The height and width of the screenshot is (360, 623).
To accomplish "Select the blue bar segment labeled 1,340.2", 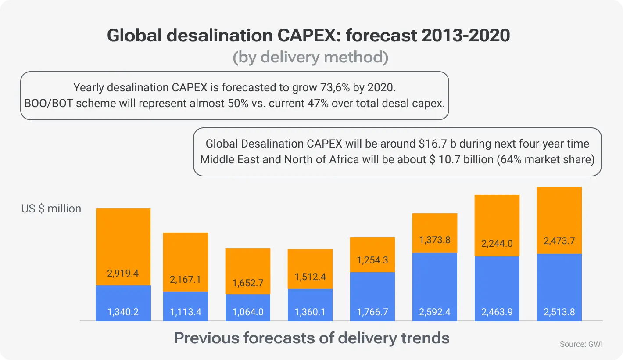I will pyautogui.click(x=123, y=303).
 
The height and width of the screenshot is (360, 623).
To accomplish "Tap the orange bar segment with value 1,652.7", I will pyautogui.click(x=248, y=271).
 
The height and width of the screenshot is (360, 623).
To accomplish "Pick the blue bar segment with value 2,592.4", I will pyautogui.click(x=435, y=287).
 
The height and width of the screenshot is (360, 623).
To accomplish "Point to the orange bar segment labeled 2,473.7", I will pyautogui.click(x=559, y=220).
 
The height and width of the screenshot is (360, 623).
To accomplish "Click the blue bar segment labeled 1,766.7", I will pyautogui.click(x=372, y=296).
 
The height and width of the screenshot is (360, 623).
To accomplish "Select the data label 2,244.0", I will pyautogui.click(x=497, y=243).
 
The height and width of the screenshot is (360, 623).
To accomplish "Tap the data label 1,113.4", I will pyautogui.click(x=186, y=313).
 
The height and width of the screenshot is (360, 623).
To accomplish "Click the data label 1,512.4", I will pyautogui.click(x=310, y=277).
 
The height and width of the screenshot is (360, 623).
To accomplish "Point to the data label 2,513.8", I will pyautogui.click(x=559, y=313).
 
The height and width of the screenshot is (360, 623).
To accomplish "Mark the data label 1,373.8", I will pyautogui.click(x=435, y=240).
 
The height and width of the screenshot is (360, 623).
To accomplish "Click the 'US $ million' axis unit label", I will pyautogui.click(x=51, y=209).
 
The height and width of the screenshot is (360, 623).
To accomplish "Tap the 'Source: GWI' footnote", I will pyautogui.click(x=581, y=345).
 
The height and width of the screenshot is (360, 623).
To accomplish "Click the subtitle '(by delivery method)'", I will pyautogui.click(x=311, y=58).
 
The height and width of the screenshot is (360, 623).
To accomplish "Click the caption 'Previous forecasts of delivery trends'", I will pyautogui.click(x=311, y=338).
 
